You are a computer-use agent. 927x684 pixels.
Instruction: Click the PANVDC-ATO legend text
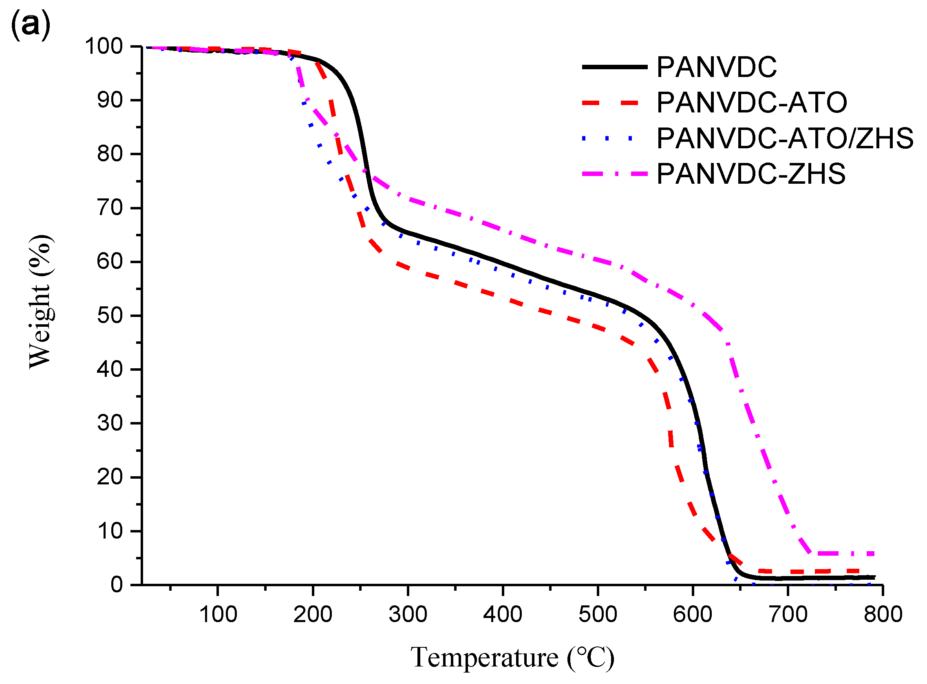[x=751, y=103]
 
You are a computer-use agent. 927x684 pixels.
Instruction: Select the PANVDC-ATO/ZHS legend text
[x=784, y=138]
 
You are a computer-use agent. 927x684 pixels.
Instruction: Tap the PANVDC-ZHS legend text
[x=750, y=174]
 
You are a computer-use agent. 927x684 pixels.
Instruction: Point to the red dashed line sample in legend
[x=614, y=103]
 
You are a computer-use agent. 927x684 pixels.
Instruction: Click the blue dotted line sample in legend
[x=614, y=139]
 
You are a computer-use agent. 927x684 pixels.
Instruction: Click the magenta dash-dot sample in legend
[x=614, y=174]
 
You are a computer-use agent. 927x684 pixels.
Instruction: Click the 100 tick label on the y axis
[x=104, y=46]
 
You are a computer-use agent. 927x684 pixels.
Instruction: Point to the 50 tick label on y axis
[x=110, y=316]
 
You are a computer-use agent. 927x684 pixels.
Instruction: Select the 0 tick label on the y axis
[x=117, y=585]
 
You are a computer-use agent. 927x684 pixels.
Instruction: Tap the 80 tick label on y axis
[x=110, y=154]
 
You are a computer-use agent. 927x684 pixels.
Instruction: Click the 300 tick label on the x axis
[x=408, y=614]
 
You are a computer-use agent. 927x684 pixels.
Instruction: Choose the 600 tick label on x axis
[x=693, y=614]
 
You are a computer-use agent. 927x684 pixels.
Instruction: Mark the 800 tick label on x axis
[x=883, y=614]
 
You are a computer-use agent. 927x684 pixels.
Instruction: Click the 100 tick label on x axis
[x=218, y=614]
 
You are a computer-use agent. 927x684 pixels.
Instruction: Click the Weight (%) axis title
[x=41, y=301]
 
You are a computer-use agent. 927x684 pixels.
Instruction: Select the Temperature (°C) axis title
[x=512, y=658]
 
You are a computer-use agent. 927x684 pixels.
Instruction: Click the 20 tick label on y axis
[x=110, y=477]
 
